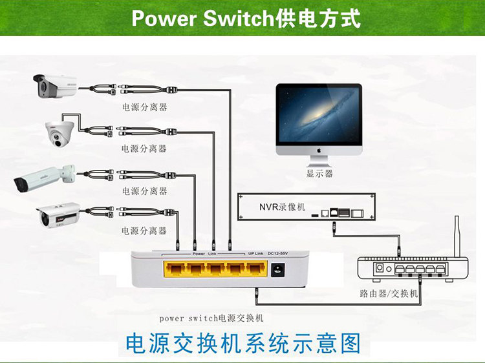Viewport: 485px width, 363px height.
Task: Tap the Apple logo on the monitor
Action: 319,149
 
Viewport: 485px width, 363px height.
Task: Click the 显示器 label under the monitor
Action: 319,173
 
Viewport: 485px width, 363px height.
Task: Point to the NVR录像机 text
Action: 282,207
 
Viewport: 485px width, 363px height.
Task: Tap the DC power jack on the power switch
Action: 280,270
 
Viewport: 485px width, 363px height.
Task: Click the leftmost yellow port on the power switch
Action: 175,269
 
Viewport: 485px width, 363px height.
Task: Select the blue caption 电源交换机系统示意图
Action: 242,342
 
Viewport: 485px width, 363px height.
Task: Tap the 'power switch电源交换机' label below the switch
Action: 211,318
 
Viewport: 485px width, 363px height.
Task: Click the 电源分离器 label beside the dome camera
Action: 144,149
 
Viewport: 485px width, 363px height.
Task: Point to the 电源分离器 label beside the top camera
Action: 144,107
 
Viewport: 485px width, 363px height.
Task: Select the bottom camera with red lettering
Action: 58,214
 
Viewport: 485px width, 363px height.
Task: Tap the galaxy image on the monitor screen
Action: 319,114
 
